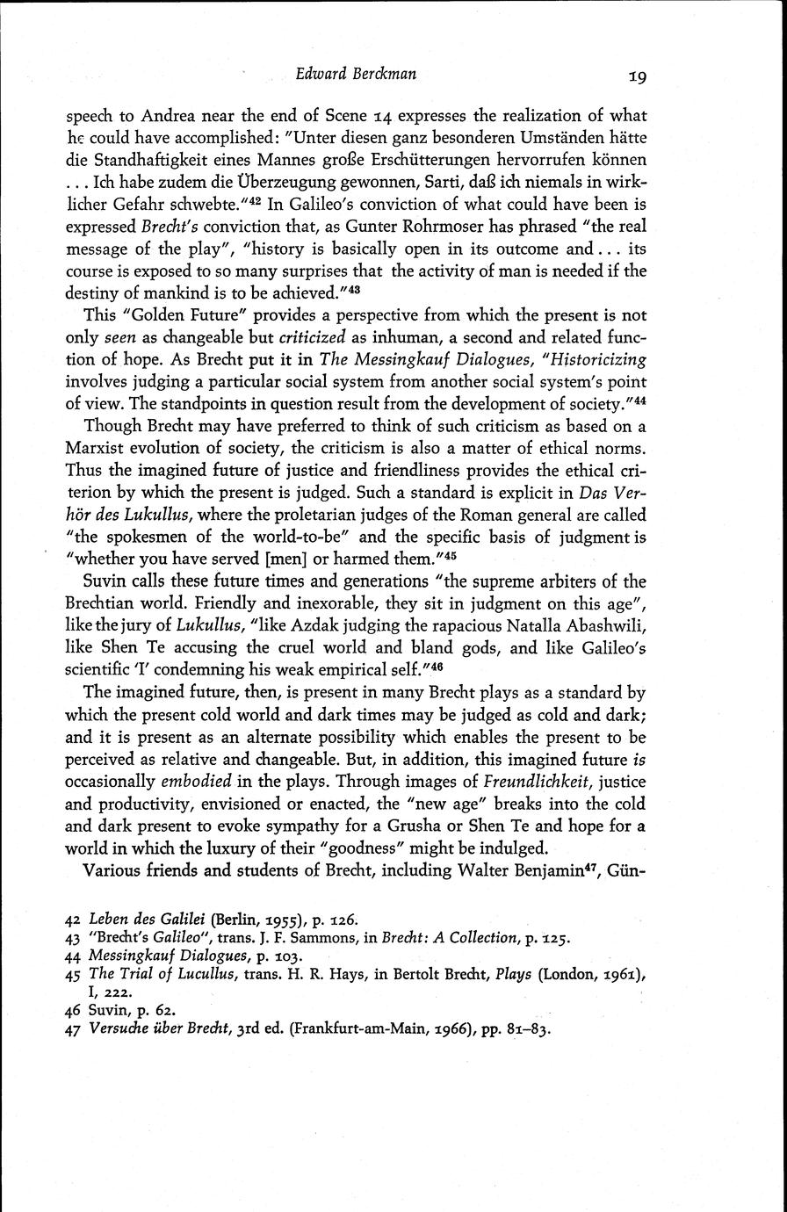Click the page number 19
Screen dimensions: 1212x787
(638, 76)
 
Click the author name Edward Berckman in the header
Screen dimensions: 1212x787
(357, 75)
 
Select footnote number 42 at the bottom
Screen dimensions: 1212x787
(74, 919)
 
